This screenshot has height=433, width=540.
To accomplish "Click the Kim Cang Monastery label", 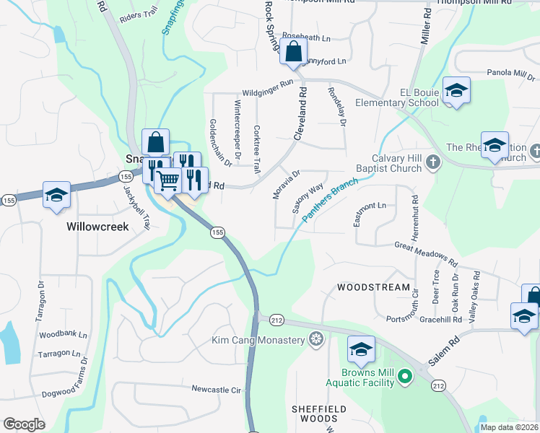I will [x=258, y=340].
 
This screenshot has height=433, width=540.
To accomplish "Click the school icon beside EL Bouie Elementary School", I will [x=456, y=90].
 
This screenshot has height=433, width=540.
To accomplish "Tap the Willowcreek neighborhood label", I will [x=97, y=227].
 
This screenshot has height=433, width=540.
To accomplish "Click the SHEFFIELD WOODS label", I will [x=314, y=414].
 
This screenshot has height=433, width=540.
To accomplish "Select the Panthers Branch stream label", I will [x=326, y=205].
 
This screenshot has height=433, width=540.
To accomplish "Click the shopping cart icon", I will [x=167, y=180].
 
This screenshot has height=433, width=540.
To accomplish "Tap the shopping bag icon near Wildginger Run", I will [x=294, y=52].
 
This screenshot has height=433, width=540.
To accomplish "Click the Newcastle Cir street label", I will [x=215, y=389].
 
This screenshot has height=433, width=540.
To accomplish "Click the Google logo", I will [x=24, y=424].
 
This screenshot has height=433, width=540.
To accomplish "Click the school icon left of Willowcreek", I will [x=56, y=195].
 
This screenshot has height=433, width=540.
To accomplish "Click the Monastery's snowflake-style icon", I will [x=315, y=339].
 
